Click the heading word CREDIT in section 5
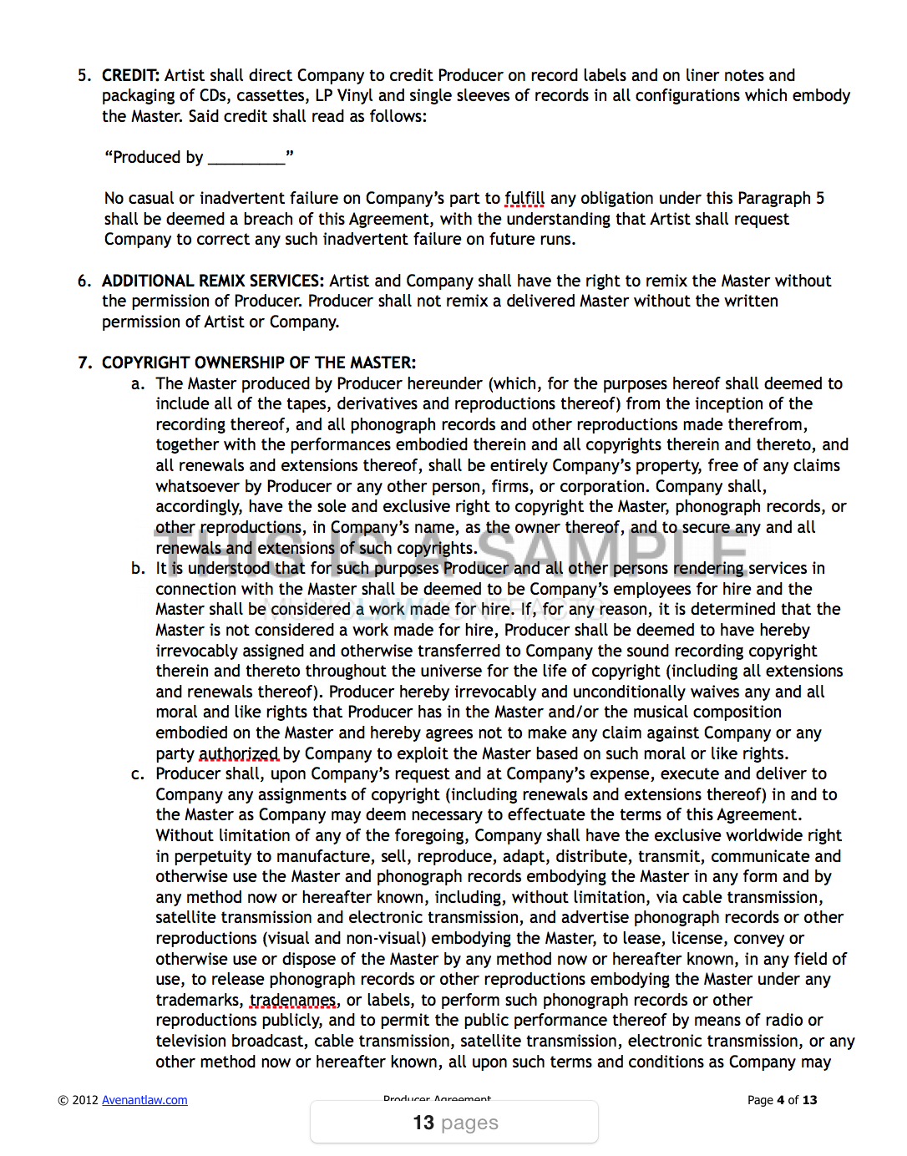pos(130,75)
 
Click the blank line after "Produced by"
pos(246,158)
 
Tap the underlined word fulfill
pos(524,199)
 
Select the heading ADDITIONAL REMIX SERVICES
pos(213,281)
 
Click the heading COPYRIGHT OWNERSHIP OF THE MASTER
pos(258,363)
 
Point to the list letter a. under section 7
pos(138,383)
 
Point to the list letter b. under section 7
pos(138,569)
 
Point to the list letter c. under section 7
pos(138,774)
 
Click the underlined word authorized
pos(238,754)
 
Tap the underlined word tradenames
pos(293,1001)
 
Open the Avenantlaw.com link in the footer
pos(144,1100)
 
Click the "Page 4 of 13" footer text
pos(782,1100)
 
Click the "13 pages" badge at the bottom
pos(455,1123)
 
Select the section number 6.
pos(84,281)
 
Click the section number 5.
pos(84,75)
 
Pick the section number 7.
pos(84,363)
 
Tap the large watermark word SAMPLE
pos(614,550)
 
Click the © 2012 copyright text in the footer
pos(78,1100)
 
